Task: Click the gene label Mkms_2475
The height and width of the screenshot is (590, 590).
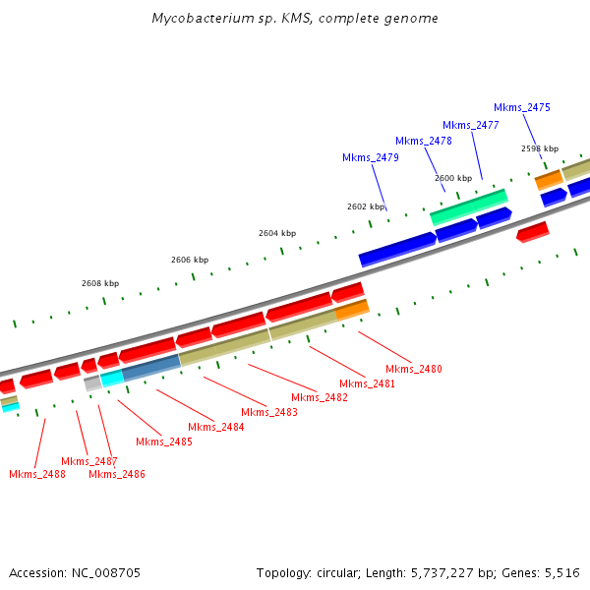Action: (x=521, y=107)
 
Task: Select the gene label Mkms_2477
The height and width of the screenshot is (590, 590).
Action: (x=470, y=125)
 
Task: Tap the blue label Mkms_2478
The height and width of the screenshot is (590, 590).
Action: (x=423, y=141)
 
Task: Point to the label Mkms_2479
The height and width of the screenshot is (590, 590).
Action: (x=370, y=157)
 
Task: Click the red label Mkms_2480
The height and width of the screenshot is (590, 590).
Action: (x=414, y=369)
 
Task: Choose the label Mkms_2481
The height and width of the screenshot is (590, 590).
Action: (x=367, y=383)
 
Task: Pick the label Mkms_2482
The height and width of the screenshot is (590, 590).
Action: (x=320, y=397)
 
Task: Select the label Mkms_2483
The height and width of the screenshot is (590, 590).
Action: (x=268, y=412)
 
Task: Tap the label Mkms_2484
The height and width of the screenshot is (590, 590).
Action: (x=215, y=427)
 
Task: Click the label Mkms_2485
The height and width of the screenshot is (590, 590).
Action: (x=164, y=442)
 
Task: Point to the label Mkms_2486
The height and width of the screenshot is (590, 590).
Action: (x=117, y=474)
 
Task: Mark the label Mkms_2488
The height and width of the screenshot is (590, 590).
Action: (x=37, y=474)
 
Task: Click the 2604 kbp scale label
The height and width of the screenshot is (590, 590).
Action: (x=276, y=233)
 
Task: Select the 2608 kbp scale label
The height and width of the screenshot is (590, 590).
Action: (x=99, y=283)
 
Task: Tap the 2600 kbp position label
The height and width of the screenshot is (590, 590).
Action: (x=452, y=178)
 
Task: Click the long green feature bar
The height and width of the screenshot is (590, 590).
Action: (x=468, y=206)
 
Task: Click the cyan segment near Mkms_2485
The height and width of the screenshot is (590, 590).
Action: (x=111, y=378)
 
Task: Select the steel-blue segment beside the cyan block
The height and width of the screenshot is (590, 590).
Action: (x=151, y=367)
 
